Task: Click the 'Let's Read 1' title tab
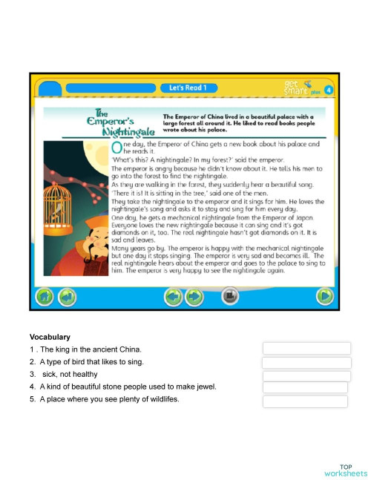(188, 88)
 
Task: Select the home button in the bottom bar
(46, 297)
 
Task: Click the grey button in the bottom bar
(229, 297)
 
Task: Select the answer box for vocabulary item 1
(306, 349)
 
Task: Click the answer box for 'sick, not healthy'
(306, 375)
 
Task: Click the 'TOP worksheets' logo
(345, 469)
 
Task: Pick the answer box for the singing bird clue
(306, 362)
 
